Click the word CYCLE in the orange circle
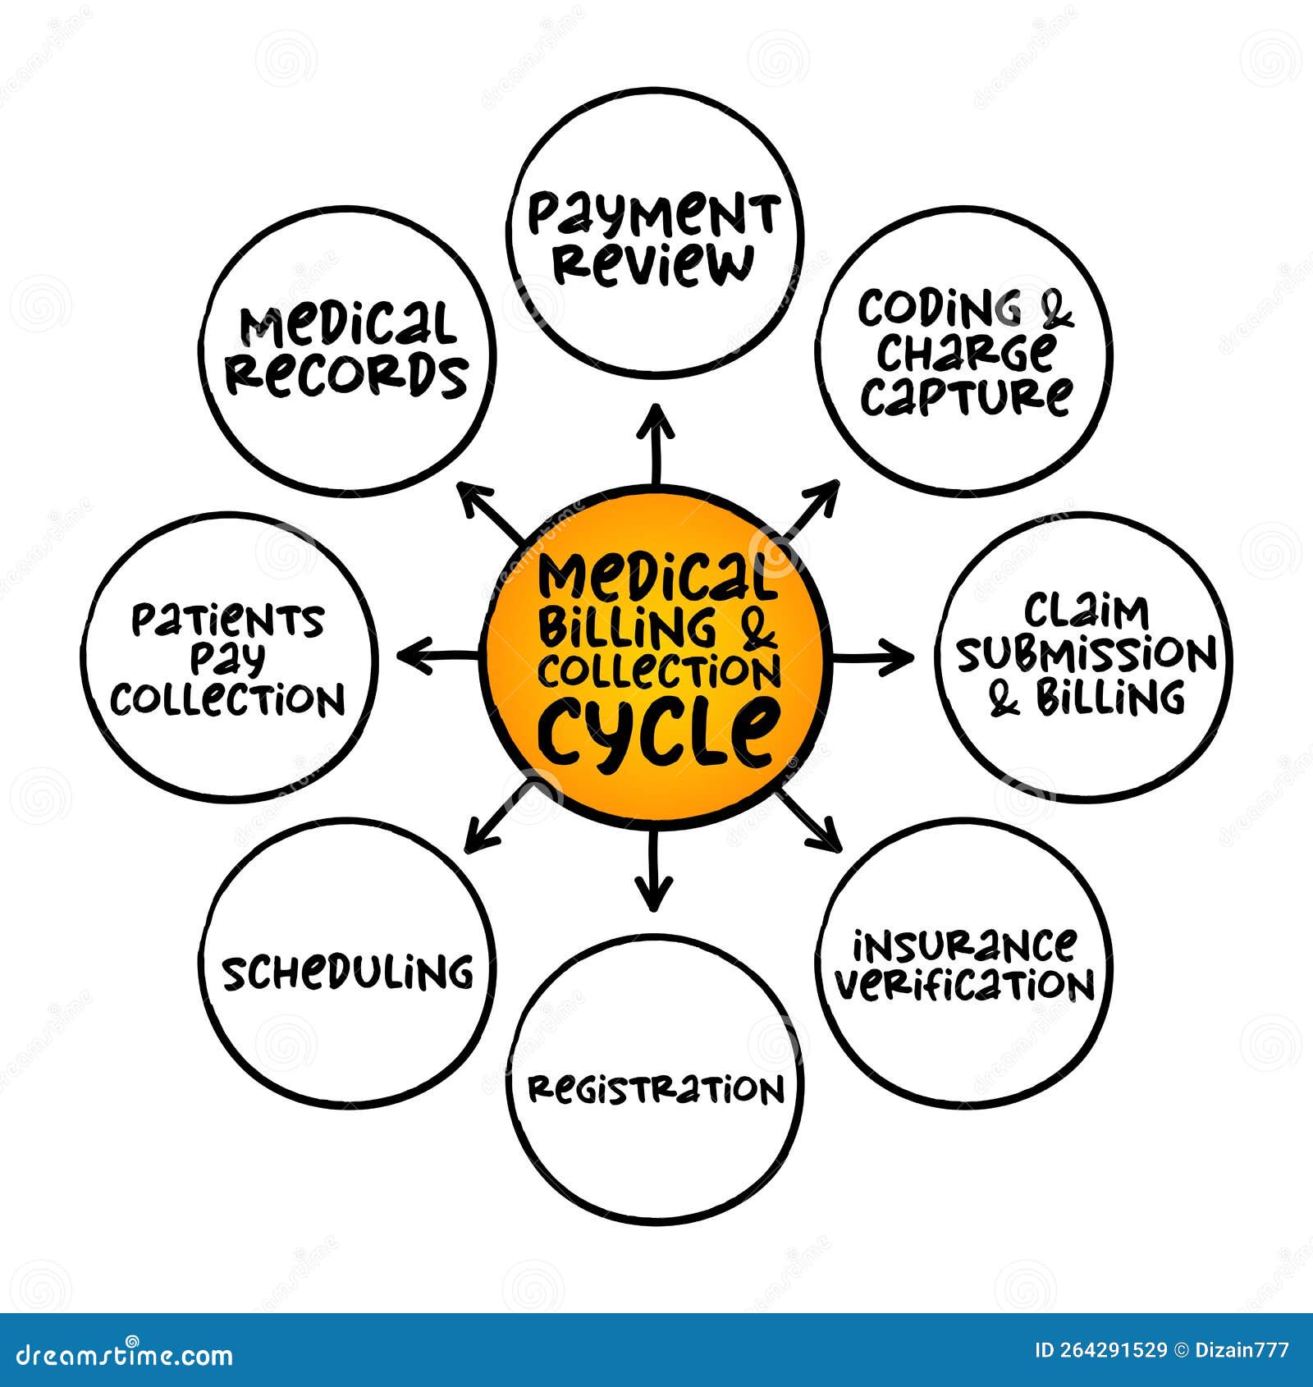point(656,729)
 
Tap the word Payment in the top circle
point(652,215)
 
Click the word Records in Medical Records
point(346,375)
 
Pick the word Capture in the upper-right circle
point(965,396)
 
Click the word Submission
point(1086,655)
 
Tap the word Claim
point(1086,611)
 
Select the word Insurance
point(963,945)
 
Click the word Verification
point(965,984)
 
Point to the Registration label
point(655,1089)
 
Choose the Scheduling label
point(347,973)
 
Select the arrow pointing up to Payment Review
point(656,443)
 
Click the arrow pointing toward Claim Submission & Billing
point(874,657)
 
